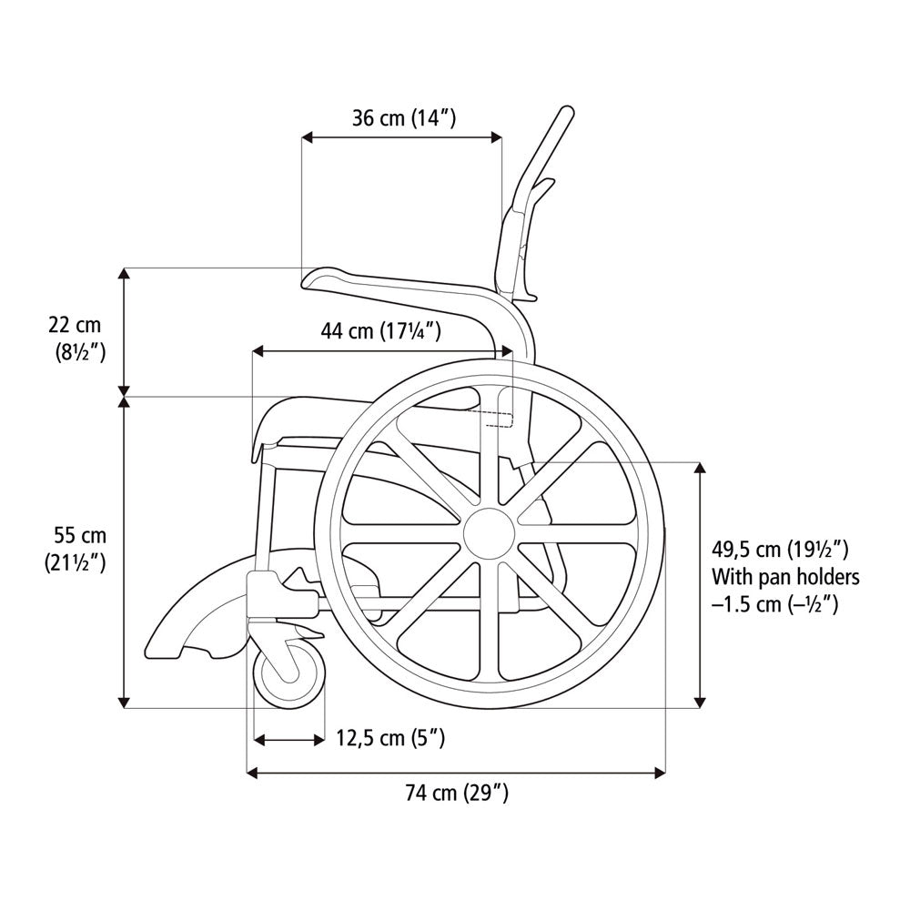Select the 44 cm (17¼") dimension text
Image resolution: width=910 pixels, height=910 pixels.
[x=381, y=331]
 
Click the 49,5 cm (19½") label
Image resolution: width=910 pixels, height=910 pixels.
[x=780, y=549]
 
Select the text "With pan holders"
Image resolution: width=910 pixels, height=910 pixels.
[x=784, y=577]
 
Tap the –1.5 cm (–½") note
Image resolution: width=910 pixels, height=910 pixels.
[x=774, y=604]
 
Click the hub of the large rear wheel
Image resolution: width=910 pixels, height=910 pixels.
[x=489, y=531]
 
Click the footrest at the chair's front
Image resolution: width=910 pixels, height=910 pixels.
[x=196, y=619]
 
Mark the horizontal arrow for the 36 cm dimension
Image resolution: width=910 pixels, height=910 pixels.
[x=401, y=137]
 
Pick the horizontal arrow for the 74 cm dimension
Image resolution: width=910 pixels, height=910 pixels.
[x=456, y=773]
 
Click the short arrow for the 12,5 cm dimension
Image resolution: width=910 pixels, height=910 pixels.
[x=289, y=738]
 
